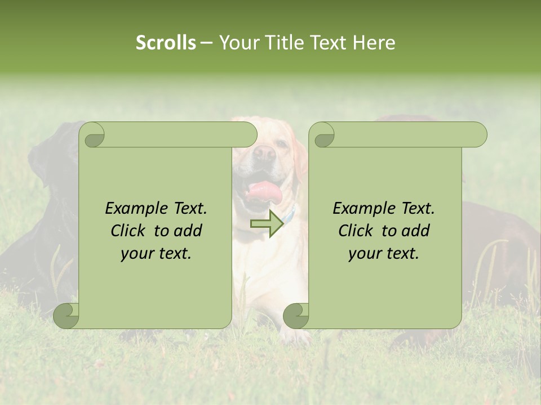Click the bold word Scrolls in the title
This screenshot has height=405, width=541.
[166, 43]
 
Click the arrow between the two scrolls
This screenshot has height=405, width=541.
[267, 223]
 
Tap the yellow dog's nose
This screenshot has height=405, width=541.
[264, 154]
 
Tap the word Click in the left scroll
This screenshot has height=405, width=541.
[127, 231]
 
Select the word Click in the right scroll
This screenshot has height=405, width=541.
[355, 231]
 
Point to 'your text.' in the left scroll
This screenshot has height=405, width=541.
[156, 253]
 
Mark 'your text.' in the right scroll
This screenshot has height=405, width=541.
[384, 253]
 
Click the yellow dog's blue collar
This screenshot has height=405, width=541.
[290, 214]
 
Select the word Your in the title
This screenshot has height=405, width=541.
[238, 43]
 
